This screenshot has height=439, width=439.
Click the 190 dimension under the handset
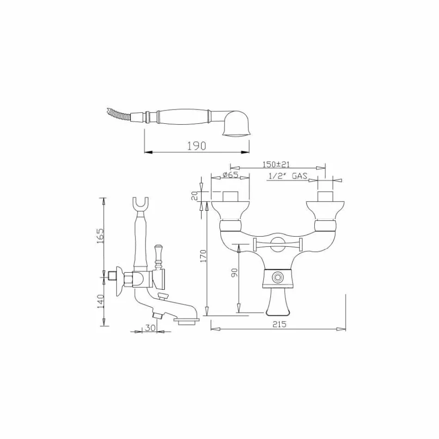pos(196,146)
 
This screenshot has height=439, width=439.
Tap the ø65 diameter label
pos(230,175)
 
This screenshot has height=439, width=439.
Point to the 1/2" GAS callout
pos(288,176)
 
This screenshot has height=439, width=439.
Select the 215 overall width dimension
pos(279,324)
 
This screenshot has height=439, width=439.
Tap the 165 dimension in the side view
pos(100,237)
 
